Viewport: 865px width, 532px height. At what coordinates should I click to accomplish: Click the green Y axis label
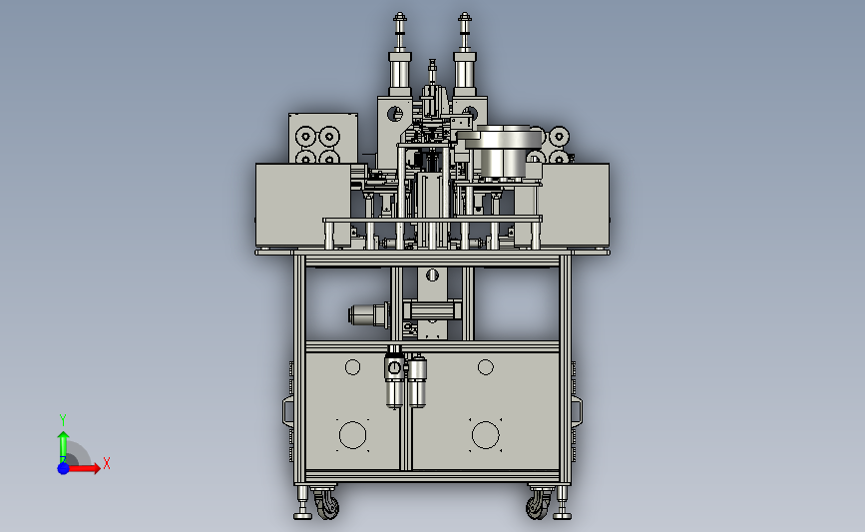click(x=62, y=420)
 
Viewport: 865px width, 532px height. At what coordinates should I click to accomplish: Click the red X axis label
click(x=107, y=463)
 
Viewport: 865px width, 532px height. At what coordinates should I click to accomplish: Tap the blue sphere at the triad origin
click(x=64, y=468)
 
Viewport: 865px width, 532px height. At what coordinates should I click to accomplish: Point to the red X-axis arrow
click(x=82, y=468)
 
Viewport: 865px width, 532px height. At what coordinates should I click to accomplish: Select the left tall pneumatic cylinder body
click(x=400, y=72)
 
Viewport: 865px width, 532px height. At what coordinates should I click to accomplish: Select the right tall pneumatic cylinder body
click(x=465, y=72)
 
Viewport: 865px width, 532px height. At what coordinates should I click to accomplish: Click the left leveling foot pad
click(x=302, y=515)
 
